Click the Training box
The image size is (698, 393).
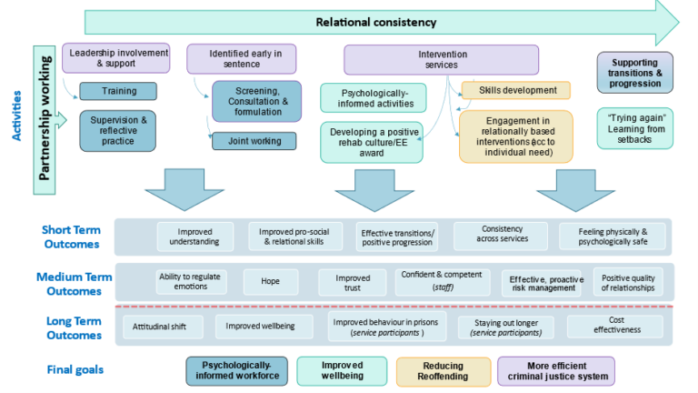coord(119,92)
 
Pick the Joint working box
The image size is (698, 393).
coord(253,141)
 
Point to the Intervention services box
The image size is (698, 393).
coord(418,59)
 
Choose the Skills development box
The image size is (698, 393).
coord(515,90)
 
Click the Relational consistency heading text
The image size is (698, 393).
coord(375,22)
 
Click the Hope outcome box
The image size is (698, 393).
coord(270,282)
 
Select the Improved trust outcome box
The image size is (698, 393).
coord(353,282)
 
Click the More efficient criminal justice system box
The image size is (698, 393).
coord(555,370)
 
